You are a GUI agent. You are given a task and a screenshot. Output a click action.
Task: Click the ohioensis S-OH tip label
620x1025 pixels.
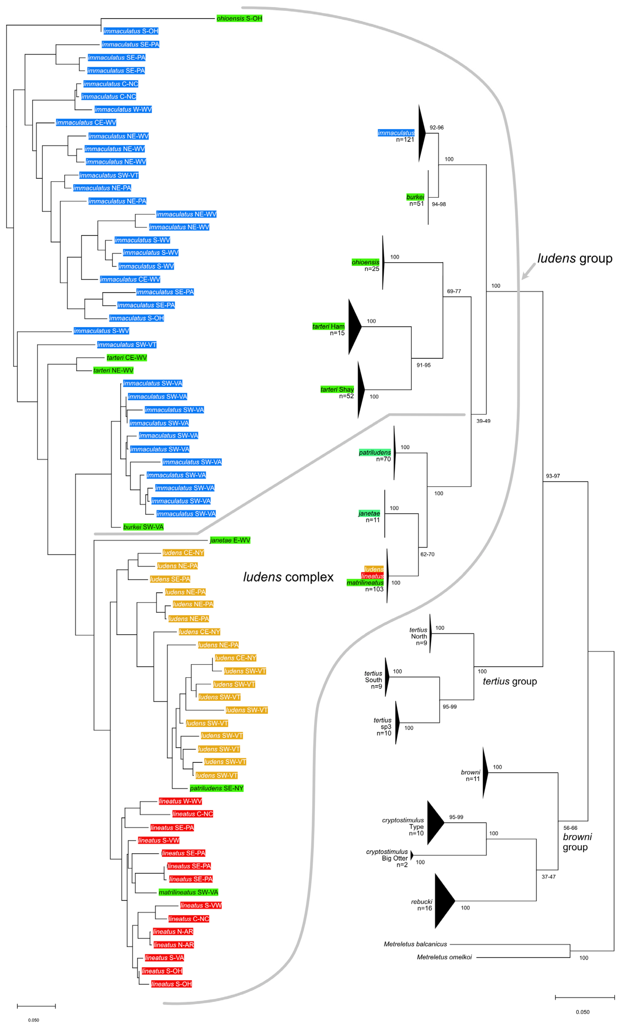(239, 18)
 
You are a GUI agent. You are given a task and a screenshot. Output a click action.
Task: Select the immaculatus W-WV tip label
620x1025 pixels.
(123, 109)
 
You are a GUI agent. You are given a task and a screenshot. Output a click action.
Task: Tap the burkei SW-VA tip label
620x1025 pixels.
(143, 527)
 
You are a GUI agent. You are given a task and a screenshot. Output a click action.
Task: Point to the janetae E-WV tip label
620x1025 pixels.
(230, 540)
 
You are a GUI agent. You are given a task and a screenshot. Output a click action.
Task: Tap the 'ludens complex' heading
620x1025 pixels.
(288, 577)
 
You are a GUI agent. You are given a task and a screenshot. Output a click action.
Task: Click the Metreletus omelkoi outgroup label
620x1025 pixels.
(444, 957)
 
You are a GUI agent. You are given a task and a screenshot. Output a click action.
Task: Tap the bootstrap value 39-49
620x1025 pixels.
(483, 421)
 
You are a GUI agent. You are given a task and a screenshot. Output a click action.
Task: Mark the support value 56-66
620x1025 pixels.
(570, 828)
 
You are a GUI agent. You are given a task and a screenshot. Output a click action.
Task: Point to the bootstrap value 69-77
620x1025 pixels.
(454, 291)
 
